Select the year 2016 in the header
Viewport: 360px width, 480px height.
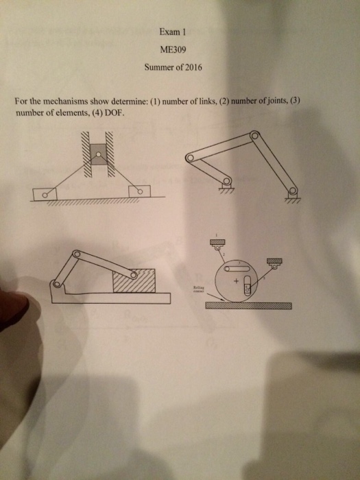pyautogui.click(x=193, y=67)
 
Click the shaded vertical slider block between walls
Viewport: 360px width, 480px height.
pyautogui.click(x=99, y=154)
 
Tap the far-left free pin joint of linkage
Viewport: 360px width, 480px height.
pyautogui.click(x=191, y=158)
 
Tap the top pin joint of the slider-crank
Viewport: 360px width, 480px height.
pyautogui.click(x=77, y=254)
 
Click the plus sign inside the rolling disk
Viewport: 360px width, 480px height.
pyautogui.click(x=236, y=282)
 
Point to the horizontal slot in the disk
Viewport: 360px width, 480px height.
pyautogui.click(x=237, y=265)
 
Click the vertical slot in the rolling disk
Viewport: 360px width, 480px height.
pyautogui.click(x=247, y=289)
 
